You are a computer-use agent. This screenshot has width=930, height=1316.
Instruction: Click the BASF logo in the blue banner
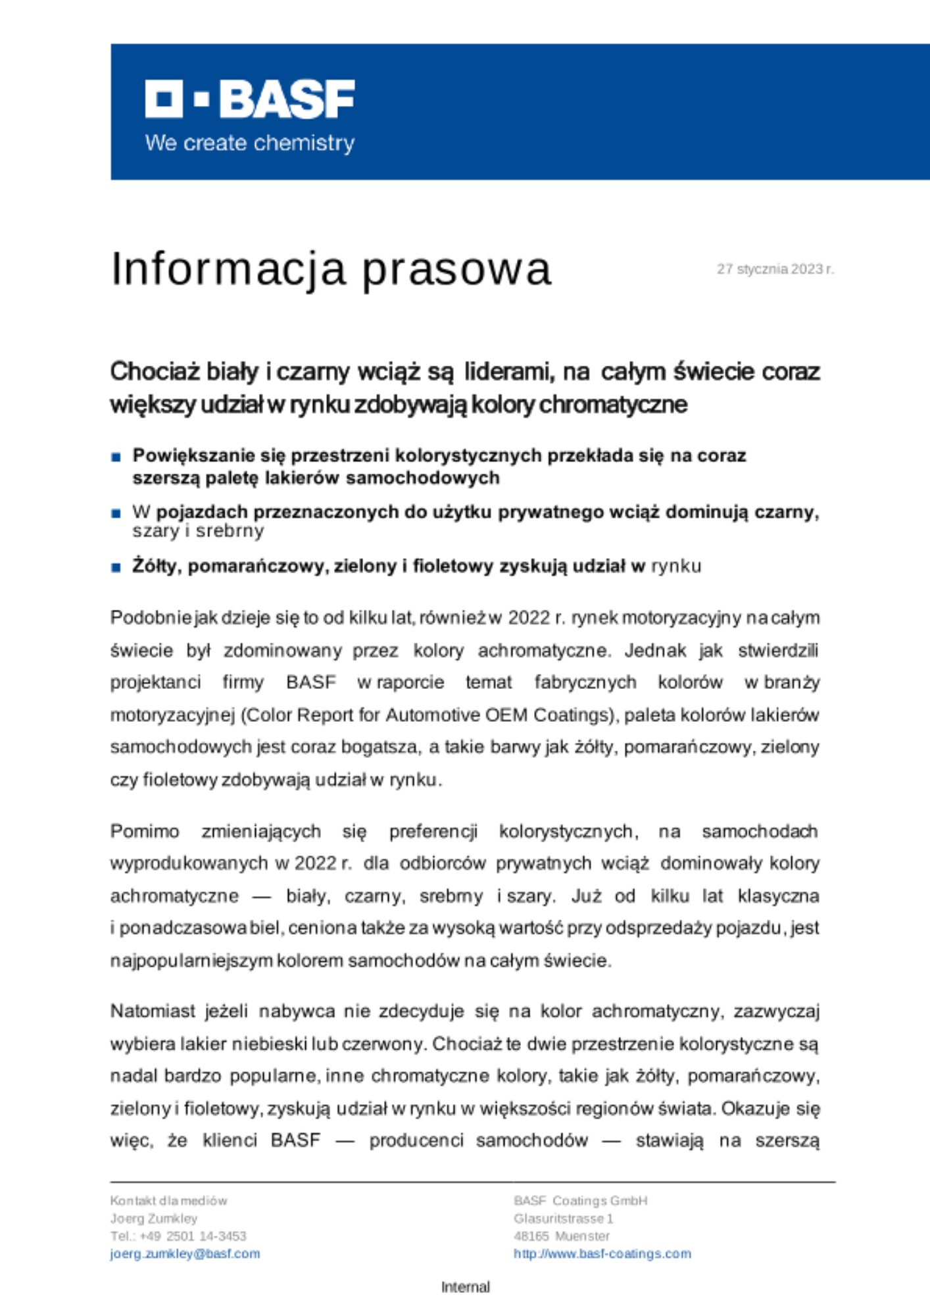tap(250, 99)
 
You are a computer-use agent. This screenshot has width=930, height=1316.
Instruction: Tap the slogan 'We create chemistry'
tap(250, 143)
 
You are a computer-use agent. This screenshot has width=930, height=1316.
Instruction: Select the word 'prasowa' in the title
tap(456, 268)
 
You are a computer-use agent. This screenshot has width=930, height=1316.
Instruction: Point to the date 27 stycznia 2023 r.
tap(775, 269)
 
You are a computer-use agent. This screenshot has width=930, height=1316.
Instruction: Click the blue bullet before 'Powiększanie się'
tap(116, 457)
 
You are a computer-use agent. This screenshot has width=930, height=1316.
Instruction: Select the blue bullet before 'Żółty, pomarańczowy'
tap(116, 567)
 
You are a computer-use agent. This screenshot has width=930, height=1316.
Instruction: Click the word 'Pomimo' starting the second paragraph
tap(145, 831)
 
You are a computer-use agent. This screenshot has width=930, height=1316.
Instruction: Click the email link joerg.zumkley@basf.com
tap(185, 1253)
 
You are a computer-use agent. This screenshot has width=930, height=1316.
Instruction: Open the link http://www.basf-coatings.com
tap(602, 1253)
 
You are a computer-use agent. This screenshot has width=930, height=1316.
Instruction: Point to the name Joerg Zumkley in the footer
tap(154, 1218)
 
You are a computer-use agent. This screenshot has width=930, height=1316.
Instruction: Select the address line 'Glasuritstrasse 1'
tap(563, 1218)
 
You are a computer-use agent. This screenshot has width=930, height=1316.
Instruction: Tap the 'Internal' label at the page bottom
tap(465, 1287)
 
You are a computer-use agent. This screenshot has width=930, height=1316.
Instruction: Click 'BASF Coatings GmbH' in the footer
tap(580, 1200)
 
